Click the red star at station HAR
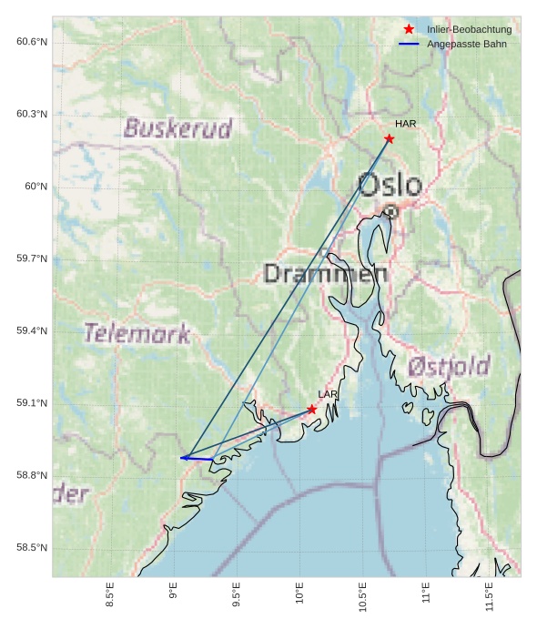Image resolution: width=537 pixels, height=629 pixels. pyautogui.click(x=389, y=138)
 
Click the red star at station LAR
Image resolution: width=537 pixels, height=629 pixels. pyautogui.click(x=312, y=410)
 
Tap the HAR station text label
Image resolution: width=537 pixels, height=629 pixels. pyautogui.click(x=405, y=124)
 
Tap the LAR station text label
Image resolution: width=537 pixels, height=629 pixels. pyautogui.click(x=328, y=394)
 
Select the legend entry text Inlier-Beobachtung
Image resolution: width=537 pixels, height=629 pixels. pyautogui.click(x=469, y=29)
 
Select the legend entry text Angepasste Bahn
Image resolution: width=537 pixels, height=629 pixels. pyautogui.click(x=467, y=44)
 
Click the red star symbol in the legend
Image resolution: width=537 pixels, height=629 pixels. pyautogui.click(x=409, y=29)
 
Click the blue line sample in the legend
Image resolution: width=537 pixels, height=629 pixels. pyautogui.click(x=409, y=44)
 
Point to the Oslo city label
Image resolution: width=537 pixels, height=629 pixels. pyautogui.click(x=390, y=185)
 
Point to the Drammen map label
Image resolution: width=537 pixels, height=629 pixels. pyautogui.click(x=326, y=273)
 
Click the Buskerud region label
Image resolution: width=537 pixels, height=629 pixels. pyautogui.click(x=178, y=128)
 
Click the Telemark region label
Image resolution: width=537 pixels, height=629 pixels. pyautogui.click(x=137, y=333)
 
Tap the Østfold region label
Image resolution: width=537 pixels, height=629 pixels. pyautogui.click(x=449, y=366)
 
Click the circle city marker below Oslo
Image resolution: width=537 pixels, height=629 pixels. pyautogui.click(x=390, y=211)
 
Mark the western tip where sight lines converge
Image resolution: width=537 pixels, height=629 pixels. pyautogui.click(x=182, y=458)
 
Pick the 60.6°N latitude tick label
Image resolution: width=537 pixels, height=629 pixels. pyautogui.click(x=31, y=42)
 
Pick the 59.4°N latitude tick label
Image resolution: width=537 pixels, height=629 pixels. pyautogui.click(x=31, y=330)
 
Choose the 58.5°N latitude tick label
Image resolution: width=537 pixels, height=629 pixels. pyautogui.click(x=31, y=547)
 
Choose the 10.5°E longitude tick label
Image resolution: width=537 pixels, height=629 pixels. pyautogui.click(x=363, y=596)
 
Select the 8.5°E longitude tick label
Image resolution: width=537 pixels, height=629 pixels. pyautogui.click(x=110, y=596)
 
